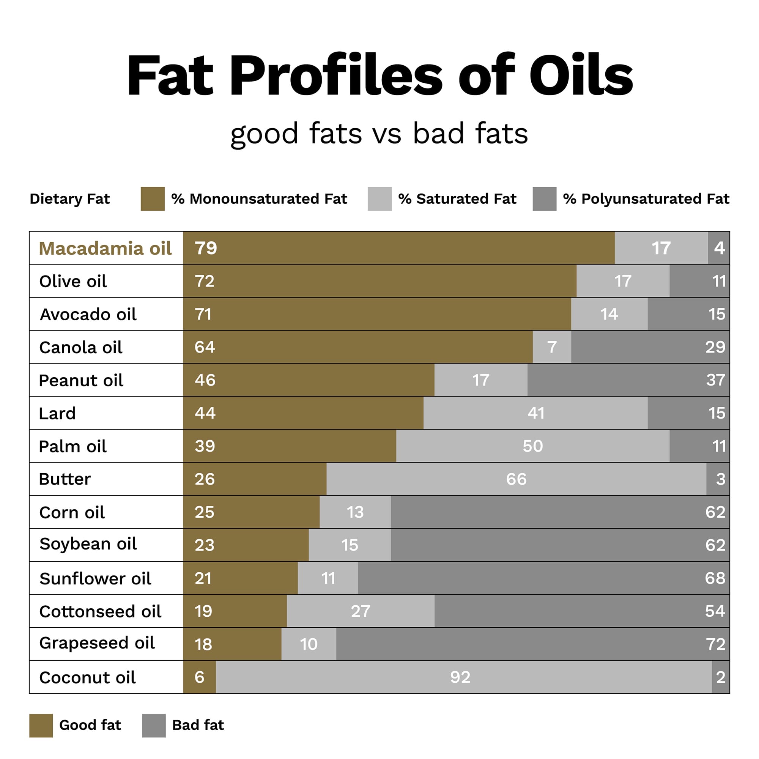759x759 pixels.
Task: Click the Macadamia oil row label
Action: (105, 248)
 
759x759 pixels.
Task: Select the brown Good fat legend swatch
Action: (41, 725)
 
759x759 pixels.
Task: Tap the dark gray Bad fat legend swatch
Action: (154, 725)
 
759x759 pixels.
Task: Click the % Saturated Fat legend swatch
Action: (379, 199)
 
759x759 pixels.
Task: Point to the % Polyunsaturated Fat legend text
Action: (646, 199)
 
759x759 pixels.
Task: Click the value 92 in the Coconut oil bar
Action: (460, 677)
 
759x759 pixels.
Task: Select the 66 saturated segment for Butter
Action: (516, 479)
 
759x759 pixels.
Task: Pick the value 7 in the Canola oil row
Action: (551, 347)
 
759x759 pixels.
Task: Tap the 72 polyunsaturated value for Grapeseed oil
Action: (715, 644)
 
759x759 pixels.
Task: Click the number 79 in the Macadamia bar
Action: (205, 248)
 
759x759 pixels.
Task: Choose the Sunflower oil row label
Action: (95, 578)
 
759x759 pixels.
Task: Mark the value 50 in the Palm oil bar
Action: (532, 446)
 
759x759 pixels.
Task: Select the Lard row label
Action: (57, 413)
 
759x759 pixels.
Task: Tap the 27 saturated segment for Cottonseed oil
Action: (360, 611)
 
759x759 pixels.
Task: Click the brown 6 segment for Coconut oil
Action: (200, 677)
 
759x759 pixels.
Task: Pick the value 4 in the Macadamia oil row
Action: (719, 248)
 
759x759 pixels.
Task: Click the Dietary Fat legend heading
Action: (69, 199)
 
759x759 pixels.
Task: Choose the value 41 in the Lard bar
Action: (536, 413)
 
